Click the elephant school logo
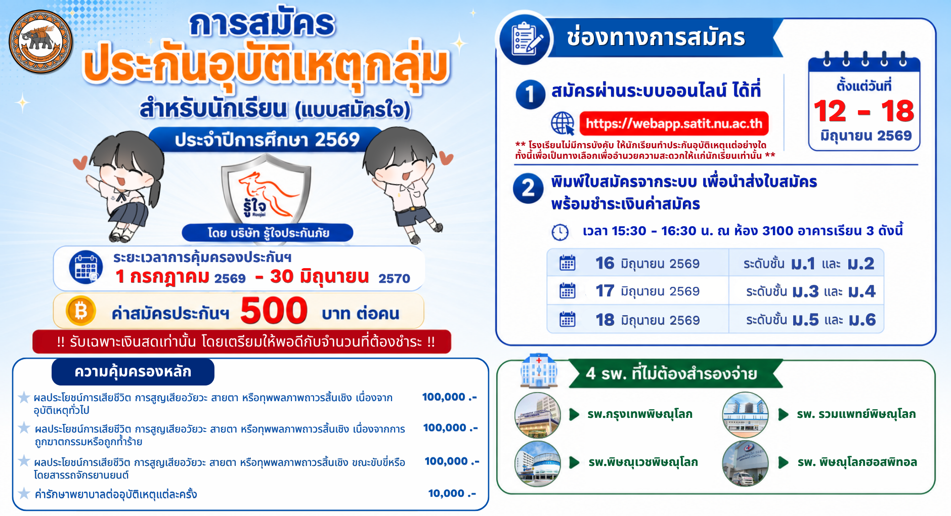pos(41,42)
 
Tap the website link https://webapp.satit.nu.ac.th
pos(674,123)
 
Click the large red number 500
pos(274,310)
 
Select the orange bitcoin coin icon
pos(81,310)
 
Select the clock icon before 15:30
pos(560,232)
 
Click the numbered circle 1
pos(530,94)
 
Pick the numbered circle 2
pos(528,188)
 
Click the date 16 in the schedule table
pos(604,263)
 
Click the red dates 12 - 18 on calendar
pos(864,111)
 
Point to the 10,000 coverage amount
pos(452,493)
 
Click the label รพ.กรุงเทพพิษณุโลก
pos(640,414)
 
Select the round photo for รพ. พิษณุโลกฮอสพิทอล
pos(745,463)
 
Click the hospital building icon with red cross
pos(539,371)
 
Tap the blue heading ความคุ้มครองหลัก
pos(133,372)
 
